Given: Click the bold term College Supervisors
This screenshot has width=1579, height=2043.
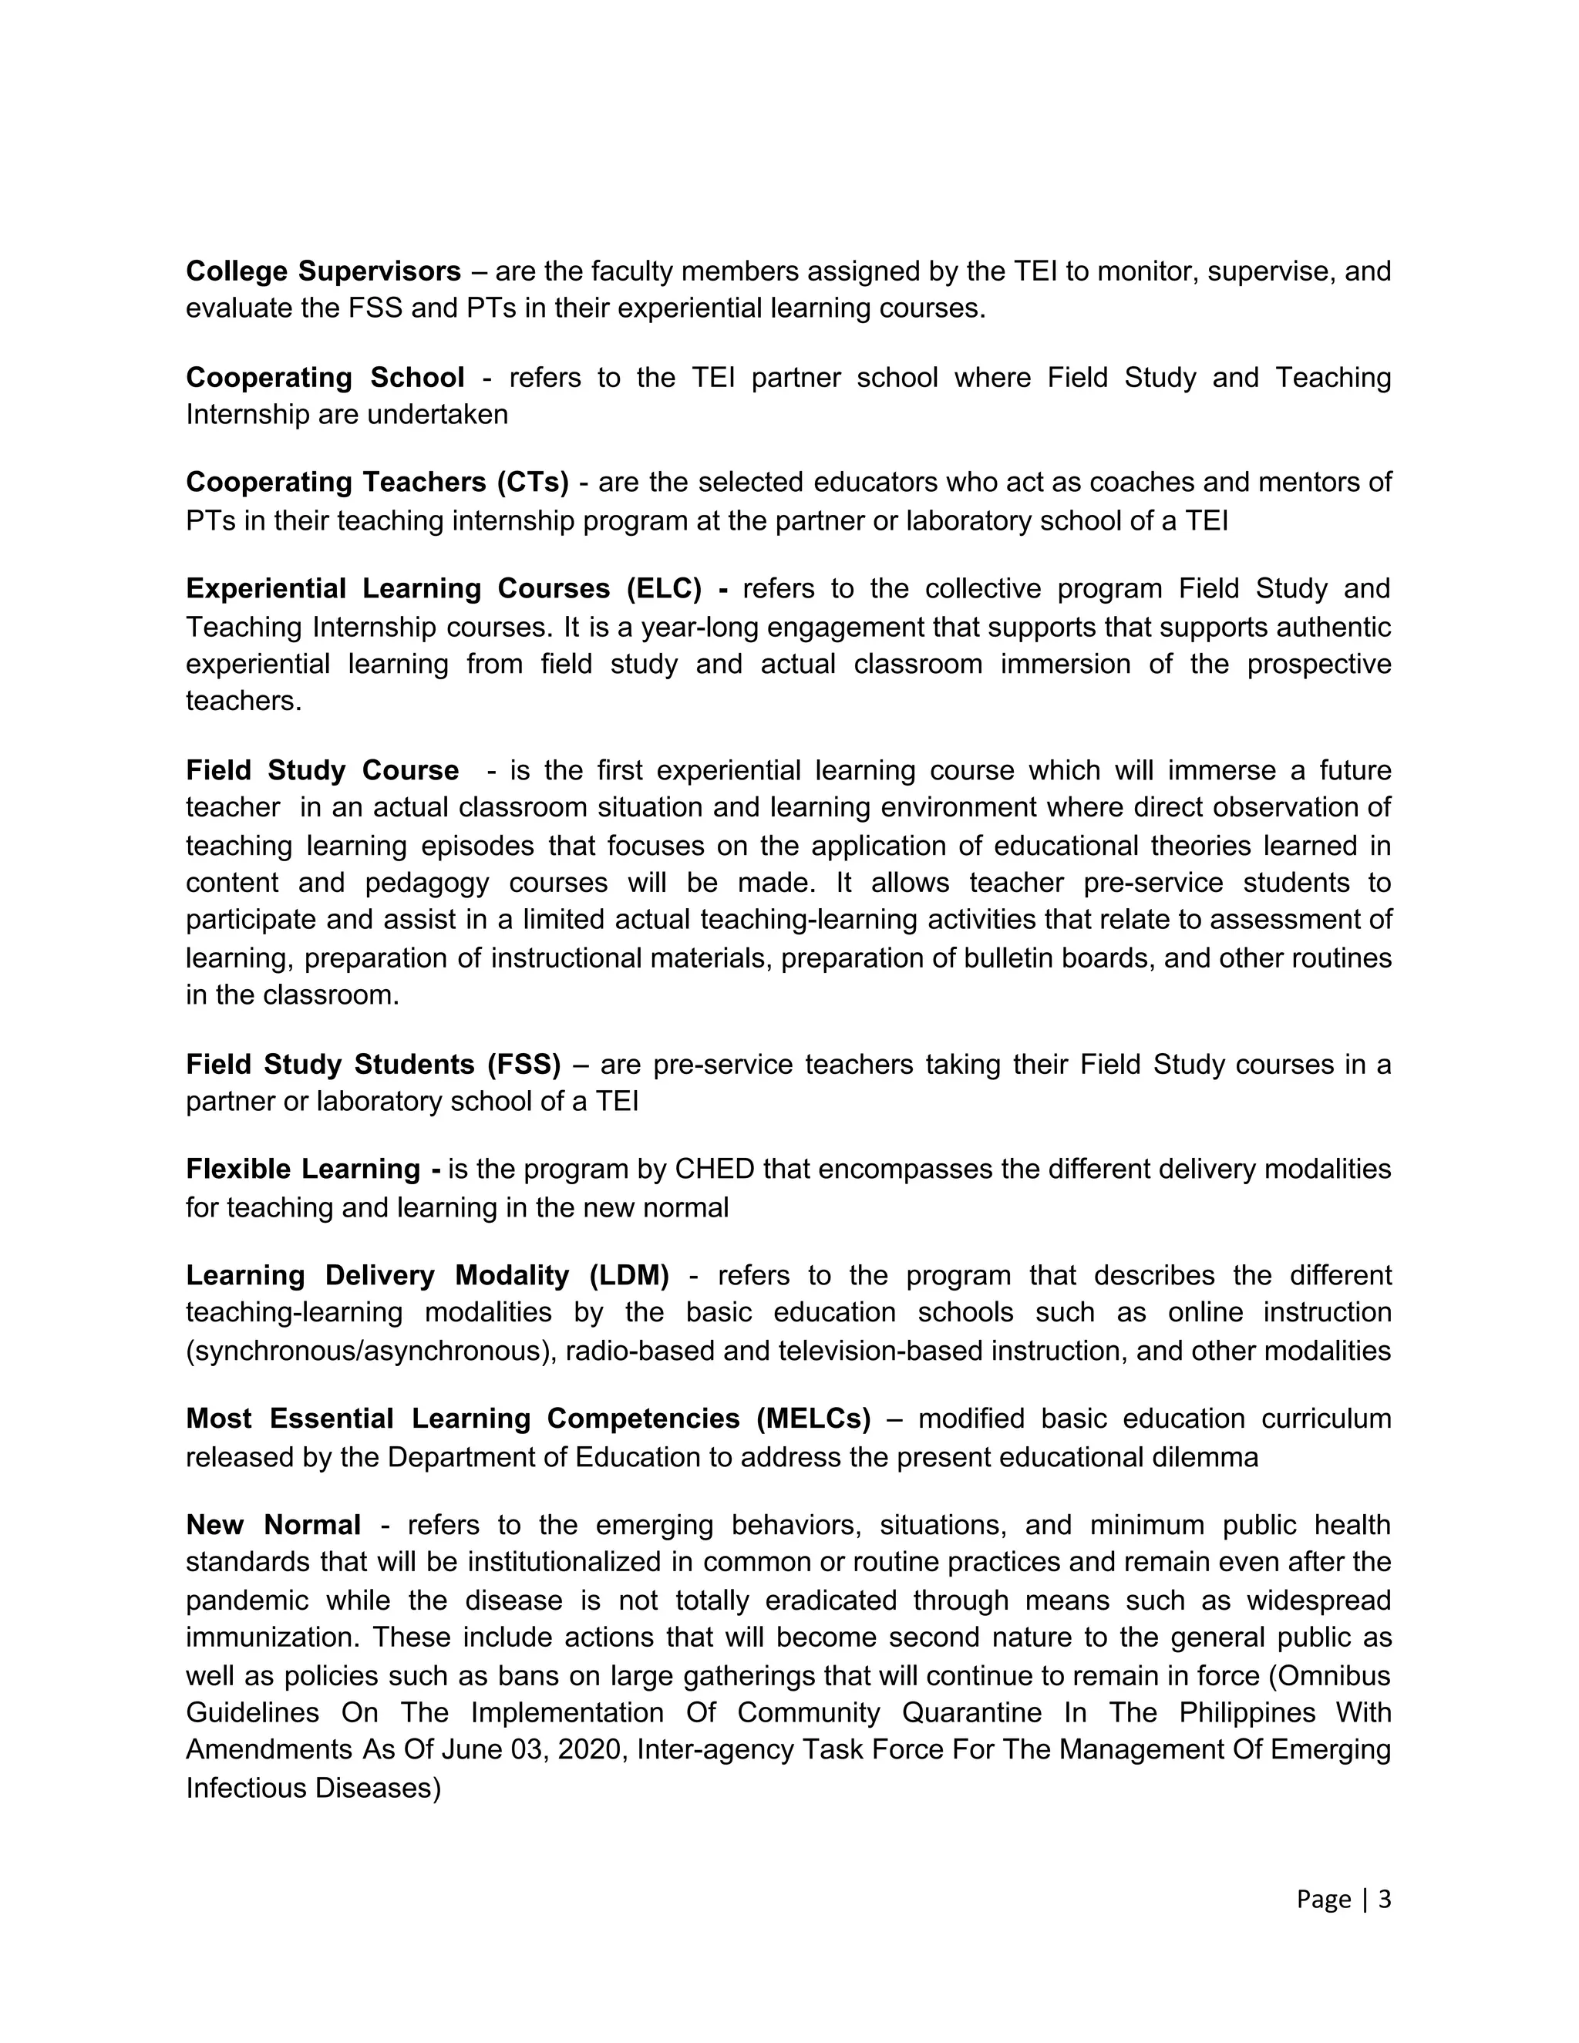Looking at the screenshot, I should click(x=323, y=271).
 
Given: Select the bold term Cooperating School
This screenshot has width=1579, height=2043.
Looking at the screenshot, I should click(x=325, y=377).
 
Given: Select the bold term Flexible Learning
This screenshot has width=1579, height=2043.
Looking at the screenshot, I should click(x=303, y=1170).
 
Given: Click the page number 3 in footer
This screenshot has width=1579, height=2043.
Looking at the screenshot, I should click(x=1385, y=1899).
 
